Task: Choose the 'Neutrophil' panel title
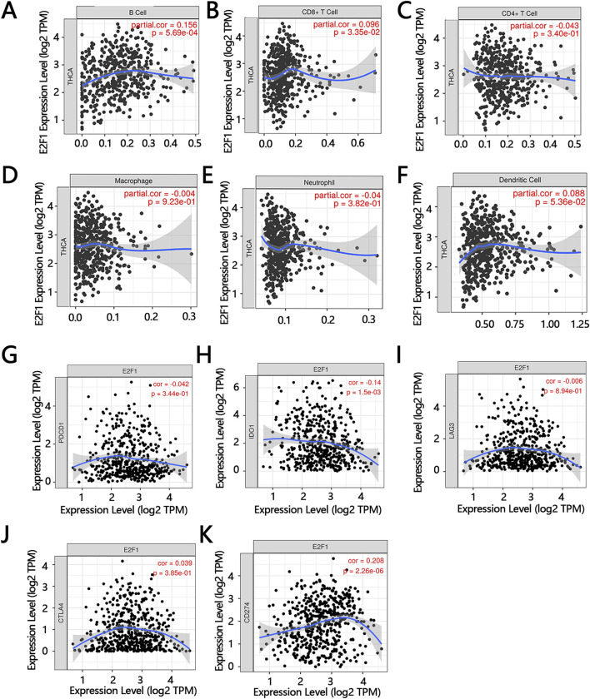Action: coord(330,178)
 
